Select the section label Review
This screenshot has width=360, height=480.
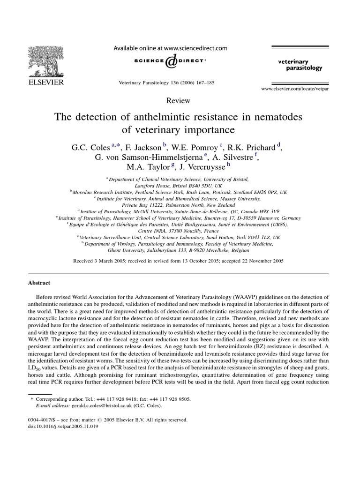179,100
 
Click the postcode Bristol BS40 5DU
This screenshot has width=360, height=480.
178,186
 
